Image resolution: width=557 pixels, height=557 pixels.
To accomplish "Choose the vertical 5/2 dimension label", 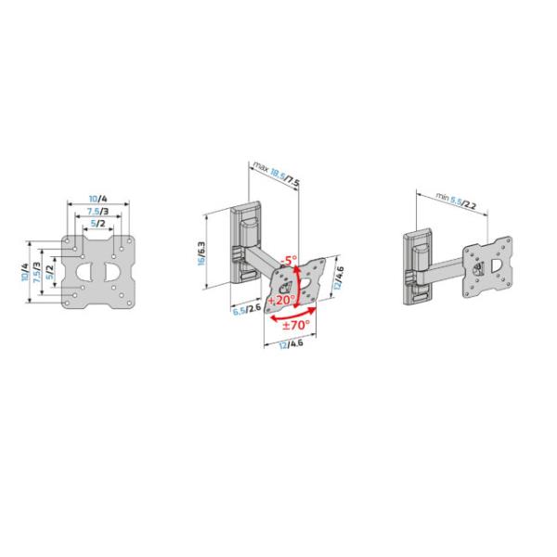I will tap(50, 272).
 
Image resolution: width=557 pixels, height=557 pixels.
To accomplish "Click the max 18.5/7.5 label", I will tap(276, 174).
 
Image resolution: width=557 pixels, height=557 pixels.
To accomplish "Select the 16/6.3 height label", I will tap(202, 249).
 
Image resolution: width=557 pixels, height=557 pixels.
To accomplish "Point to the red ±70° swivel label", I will tap(296, 327).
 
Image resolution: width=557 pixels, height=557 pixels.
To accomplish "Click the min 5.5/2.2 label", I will tap(459, 199).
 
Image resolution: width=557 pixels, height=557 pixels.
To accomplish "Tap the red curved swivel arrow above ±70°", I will tap(295, 314).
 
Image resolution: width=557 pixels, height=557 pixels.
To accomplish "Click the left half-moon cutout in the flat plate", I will tap(85, 272).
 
